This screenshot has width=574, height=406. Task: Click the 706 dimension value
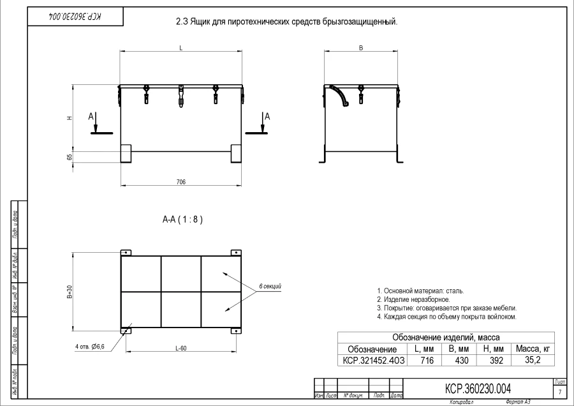[180, 182]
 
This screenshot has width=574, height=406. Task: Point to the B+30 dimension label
[70, 291]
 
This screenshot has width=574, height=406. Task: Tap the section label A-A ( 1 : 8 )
[183, 219]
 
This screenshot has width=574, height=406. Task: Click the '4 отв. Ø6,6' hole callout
[89, 347]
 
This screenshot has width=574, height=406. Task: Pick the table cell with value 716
[425, 361]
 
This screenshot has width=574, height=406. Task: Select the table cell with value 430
[462, 361]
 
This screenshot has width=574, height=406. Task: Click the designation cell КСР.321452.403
[372, 361]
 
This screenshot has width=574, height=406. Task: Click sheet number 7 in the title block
[559, 391]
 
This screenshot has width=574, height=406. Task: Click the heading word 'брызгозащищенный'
[355, 22]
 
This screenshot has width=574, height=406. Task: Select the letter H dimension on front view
[70, 117]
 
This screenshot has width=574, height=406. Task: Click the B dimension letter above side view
[361, 49]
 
